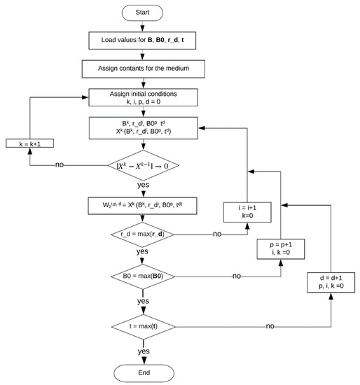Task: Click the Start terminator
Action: pyautogui.click(x=142, y=12)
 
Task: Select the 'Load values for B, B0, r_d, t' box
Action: pyautogui.click(x=142, y=41)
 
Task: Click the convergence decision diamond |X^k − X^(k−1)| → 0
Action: pyautogui.click(x=142, y=166)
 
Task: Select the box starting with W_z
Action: pyautogui.click(x=142, y=206)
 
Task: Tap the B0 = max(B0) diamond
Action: pyautogui.click(x=142, y=276)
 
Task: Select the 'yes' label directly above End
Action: pyautogui.click(x=143, y=351)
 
